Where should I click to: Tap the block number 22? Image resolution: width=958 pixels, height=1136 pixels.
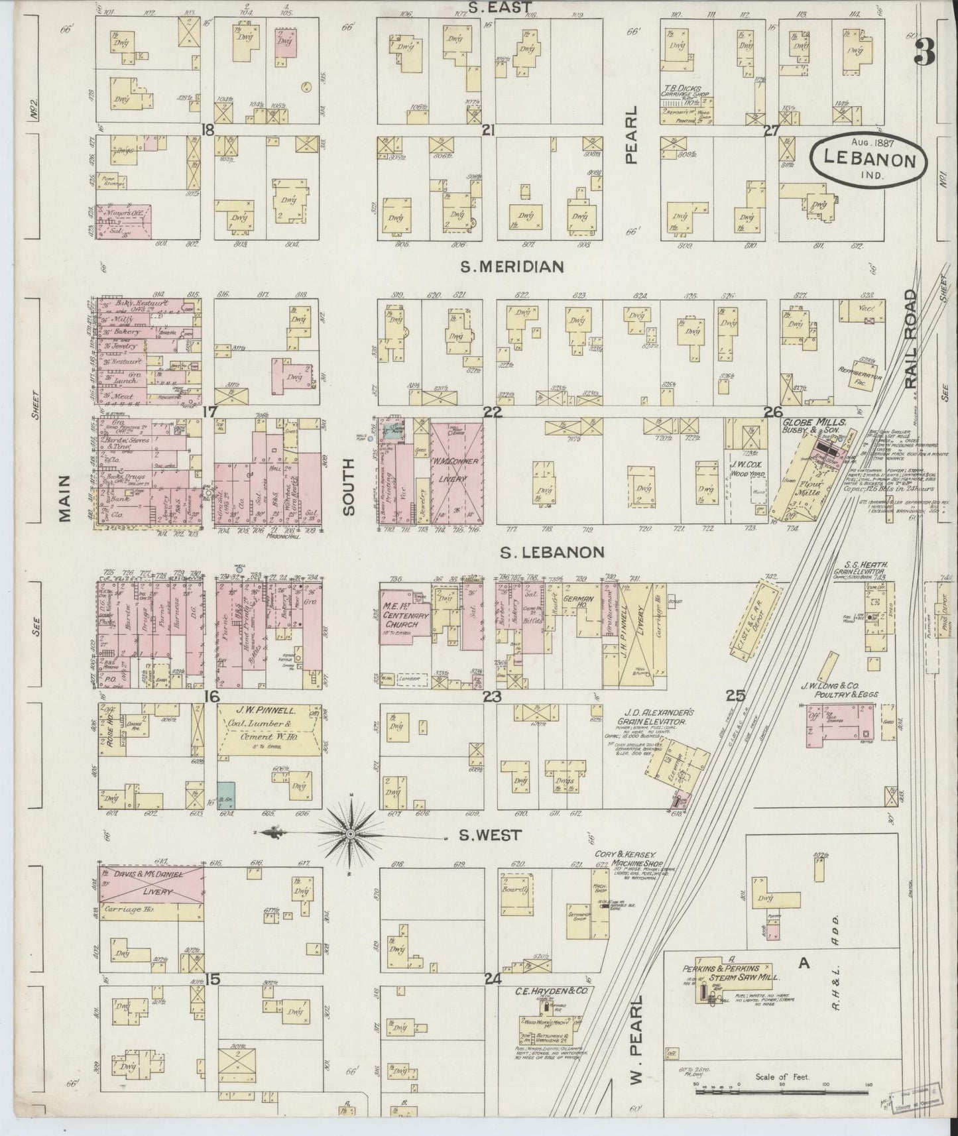pos(492,412)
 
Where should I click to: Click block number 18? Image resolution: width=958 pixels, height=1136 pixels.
pos(208,131)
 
